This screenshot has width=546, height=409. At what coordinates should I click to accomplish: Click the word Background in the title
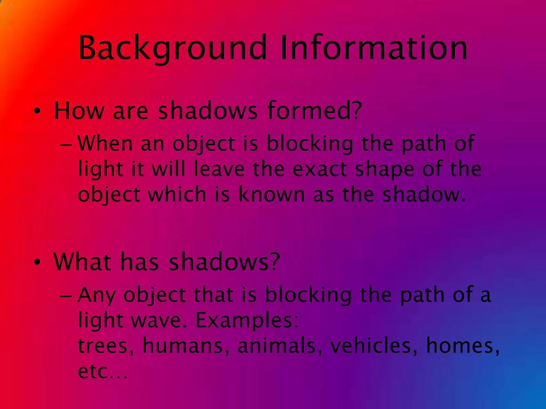pyautogui.click(x=172, y=48)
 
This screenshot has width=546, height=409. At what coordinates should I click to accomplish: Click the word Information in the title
pyautogui.click(x=373, y=48)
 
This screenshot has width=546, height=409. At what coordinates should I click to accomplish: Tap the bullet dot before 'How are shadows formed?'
pyautogui.click(x=37, y=111)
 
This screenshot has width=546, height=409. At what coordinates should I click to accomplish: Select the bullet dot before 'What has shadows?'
pyautogui.click(x=37, y=262)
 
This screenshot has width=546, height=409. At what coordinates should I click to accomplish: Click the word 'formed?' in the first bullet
pyautogui.click(x=315, y=110)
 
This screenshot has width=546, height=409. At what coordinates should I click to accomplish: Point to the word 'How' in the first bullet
pyautogui.click(x=79, y=110)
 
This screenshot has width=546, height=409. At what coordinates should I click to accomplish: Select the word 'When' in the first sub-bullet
pyautogui.click(x=105, y=144)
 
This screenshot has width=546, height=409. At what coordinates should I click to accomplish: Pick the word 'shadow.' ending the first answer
pyautogui.click(x=424, y=194)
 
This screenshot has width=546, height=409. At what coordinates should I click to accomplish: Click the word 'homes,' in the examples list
pyautogui.click(x=463, y=346)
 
